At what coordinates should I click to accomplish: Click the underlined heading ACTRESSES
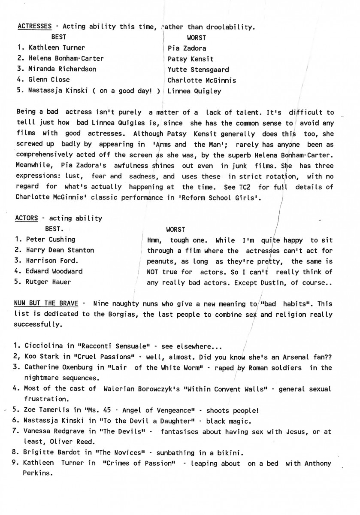click(x=35, y=27)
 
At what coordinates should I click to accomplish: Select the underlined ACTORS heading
click(x=27, y=218)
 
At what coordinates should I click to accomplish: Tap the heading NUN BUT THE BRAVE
click(x=46, y=304)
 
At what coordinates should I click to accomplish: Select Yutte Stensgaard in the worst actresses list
click(x=198, y=70)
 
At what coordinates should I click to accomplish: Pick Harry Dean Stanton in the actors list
click(x=60, y=250)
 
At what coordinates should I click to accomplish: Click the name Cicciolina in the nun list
click(x=44, y=347)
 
